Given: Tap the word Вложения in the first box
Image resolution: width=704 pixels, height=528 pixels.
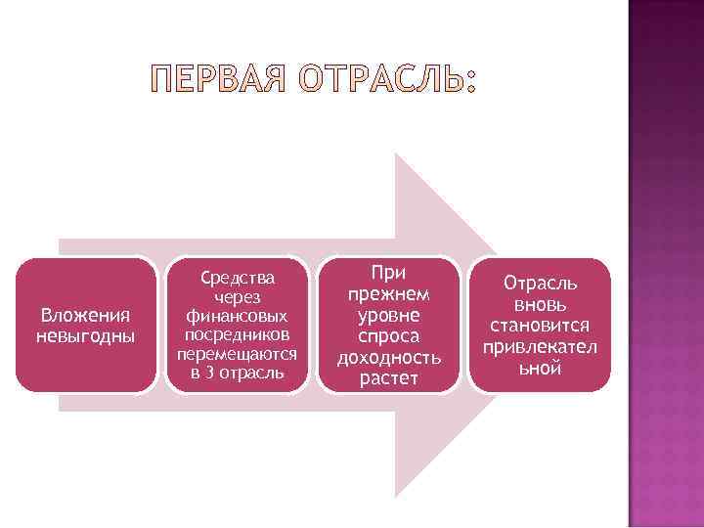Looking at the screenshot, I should [x=85, y=315].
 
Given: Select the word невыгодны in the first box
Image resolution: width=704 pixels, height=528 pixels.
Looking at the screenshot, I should [x=85, y=336].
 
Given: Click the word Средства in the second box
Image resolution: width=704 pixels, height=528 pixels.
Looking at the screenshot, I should [x=237, y=279].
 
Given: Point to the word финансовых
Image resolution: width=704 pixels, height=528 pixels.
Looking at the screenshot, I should [x=237, y=317].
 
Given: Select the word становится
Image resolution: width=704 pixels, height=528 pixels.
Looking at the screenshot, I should [x=540, y=326].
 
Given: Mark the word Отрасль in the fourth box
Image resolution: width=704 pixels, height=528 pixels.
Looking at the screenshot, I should [x=540, y=283].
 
